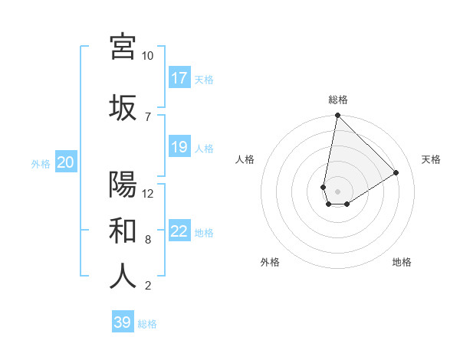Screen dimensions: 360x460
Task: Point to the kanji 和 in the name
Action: tap(123, 230)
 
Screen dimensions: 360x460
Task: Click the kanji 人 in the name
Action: tap(123, 276)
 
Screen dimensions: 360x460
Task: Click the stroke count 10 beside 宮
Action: tap(148, 56)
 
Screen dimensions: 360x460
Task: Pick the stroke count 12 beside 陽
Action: tap(148, 193)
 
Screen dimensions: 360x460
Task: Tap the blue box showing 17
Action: tap(179, 78)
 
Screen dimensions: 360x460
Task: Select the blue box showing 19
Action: tap(179, 147)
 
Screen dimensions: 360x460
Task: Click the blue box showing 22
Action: tap(179, 231)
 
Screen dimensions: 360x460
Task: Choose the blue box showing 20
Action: tap(66, 162)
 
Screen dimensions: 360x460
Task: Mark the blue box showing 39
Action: tap(123, 322)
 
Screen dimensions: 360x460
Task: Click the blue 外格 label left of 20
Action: tap(41, 163)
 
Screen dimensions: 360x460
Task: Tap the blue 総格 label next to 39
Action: tap(147, 324)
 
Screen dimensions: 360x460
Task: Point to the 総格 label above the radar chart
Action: tap(337, 100)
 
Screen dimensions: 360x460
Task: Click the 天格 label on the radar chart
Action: tap(431, 159)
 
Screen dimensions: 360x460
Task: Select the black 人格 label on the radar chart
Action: tap(245, 159)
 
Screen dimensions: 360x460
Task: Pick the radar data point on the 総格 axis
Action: tap(337, 116)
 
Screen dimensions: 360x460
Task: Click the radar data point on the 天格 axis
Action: tap(396, 172)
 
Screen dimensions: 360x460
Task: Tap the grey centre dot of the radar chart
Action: tap(337, 190)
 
